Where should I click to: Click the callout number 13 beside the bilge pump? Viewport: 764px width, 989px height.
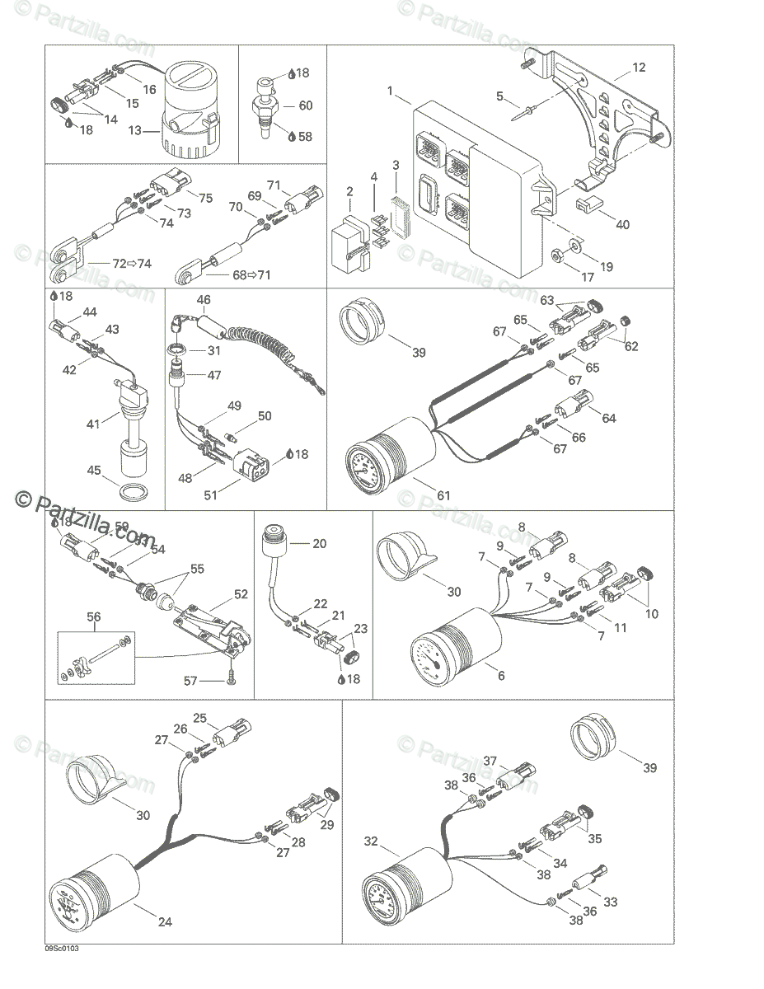(x=136, y=129)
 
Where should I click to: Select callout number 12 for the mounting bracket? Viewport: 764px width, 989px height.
(x=640, y=68)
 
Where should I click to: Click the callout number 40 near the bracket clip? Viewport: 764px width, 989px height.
(x=622, y=224)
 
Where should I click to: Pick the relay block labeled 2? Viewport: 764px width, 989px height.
(x=346, y=245)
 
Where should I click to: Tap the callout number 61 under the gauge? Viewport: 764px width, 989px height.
(x=444, y=494)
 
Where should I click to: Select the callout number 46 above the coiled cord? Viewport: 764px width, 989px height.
(x=204, y=299)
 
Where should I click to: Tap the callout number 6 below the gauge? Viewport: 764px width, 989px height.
(x=500, y=675)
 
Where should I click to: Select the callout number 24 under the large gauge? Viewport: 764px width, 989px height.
(x=165, y=921)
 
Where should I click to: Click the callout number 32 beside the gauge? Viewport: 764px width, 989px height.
(x=371, y=841)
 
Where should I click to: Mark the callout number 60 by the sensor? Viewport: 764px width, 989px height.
(x=305, y=105)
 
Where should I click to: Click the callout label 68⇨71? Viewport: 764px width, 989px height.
(x=251, y=274)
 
